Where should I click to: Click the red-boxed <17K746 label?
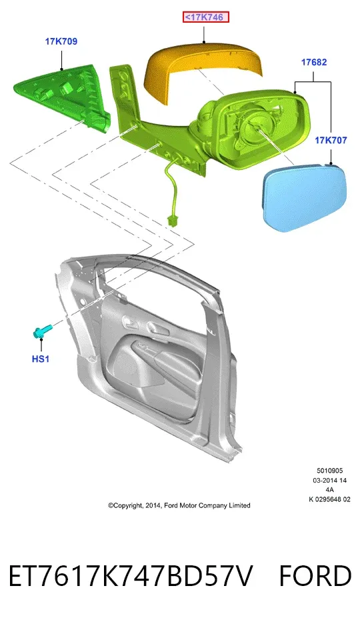click(206, 17)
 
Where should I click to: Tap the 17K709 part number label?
click(61, 41)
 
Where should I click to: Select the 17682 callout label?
click(314, 62)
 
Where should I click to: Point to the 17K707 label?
click(331, 140)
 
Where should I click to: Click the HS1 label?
click(41, 359)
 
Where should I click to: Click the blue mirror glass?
click(305, 197)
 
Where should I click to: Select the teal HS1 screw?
click(42, 331)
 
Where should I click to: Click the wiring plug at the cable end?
click(172, 219)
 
